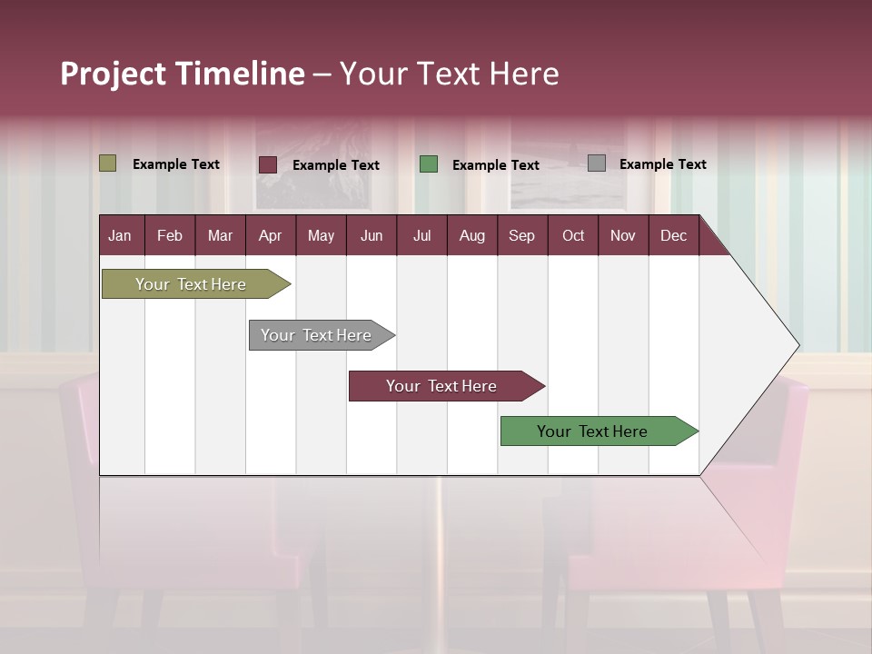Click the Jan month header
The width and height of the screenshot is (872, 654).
120,235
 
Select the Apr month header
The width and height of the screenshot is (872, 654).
270,235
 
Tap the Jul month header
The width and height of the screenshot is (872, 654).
421,235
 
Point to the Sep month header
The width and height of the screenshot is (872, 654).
521,235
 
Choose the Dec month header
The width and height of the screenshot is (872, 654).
673,235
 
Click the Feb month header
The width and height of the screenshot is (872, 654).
170,235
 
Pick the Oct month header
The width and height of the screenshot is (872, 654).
572,235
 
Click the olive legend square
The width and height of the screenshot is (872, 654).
108,163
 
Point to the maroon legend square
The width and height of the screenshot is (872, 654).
268,164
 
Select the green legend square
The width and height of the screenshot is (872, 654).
429,164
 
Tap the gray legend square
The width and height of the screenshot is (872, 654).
597,163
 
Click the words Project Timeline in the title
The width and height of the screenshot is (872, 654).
183,74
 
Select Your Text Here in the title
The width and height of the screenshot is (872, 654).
449,74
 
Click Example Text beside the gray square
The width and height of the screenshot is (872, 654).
662,164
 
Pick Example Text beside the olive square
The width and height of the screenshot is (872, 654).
176,164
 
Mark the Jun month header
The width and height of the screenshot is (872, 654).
372,235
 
